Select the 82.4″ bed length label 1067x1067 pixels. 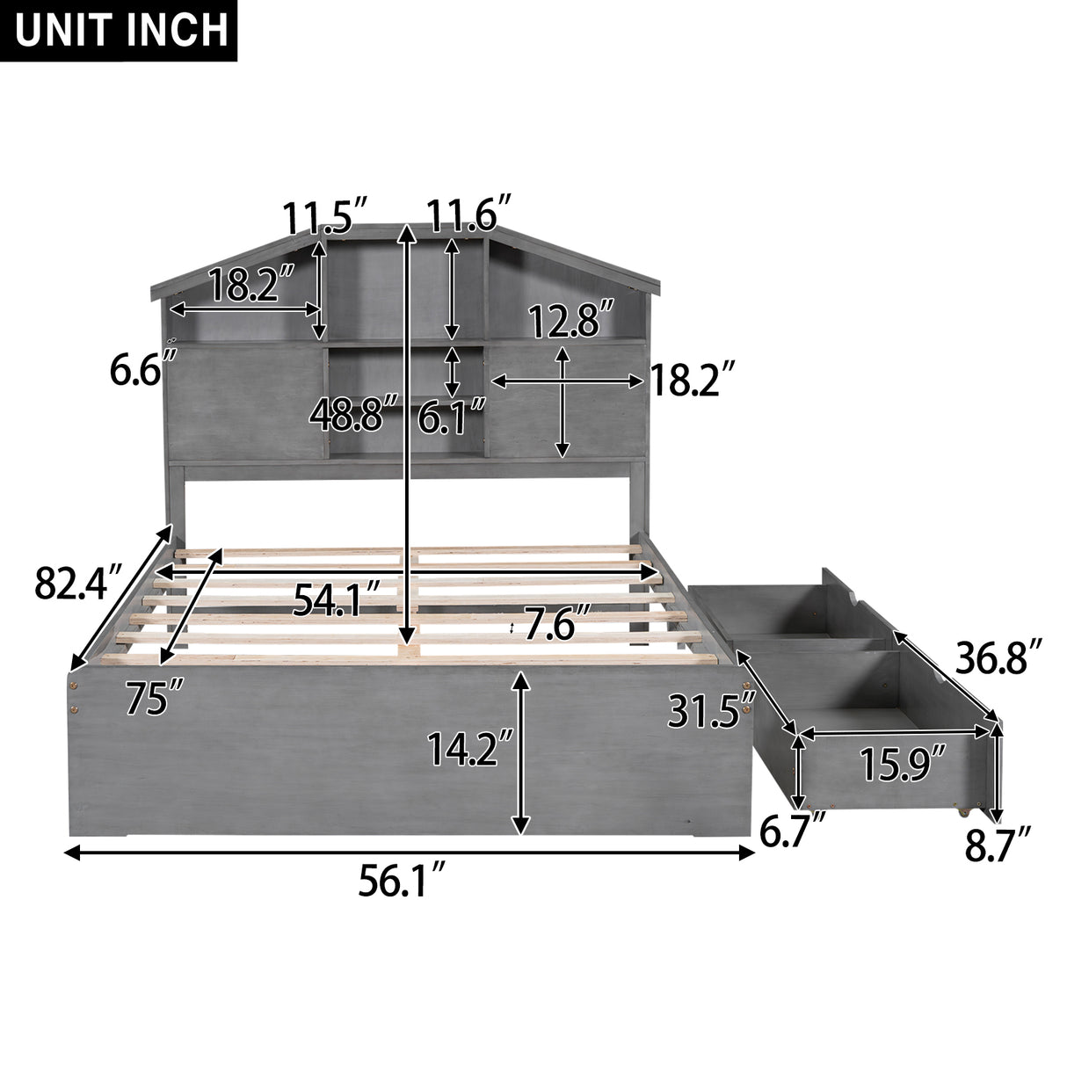[76, 582]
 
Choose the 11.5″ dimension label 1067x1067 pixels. [323, 215]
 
